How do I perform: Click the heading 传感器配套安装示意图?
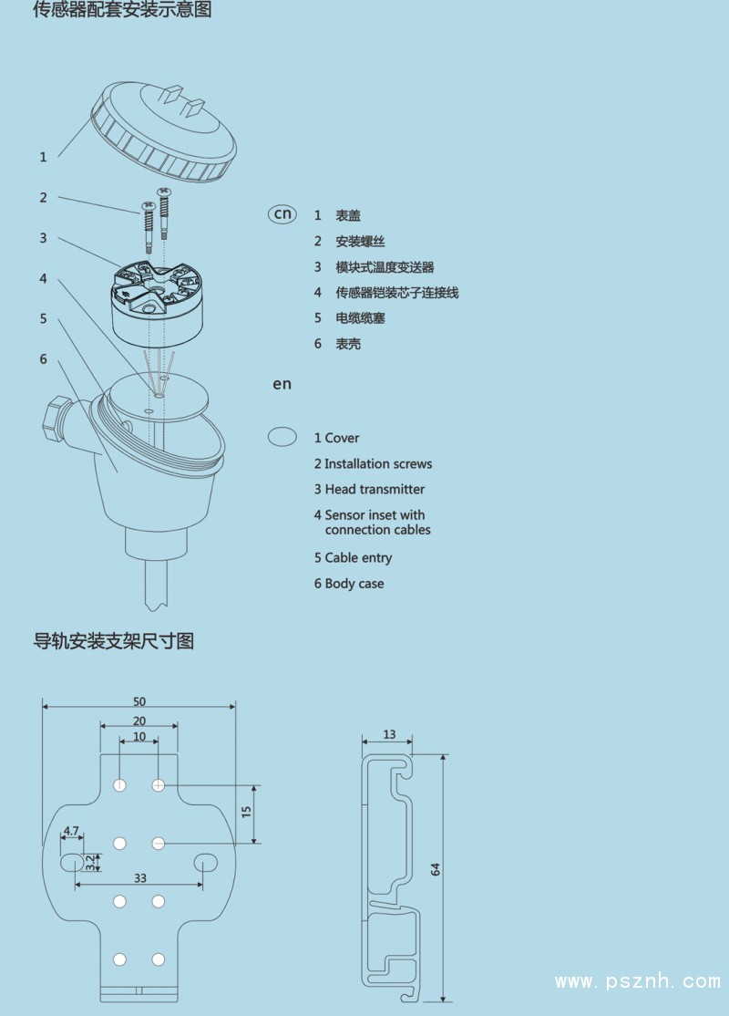[x=123, y=11]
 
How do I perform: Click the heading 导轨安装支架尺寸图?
[x=114, y=641]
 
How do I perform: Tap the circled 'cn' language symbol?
[x=282, y=213]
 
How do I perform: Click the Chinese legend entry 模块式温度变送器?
[x=385, y=267]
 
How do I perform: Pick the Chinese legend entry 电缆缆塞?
[x=360, y=318]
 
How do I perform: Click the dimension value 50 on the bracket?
[x=139, y=701]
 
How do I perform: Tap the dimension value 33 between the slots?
[x=140, y=877]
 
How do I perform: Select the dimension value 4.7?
[x=70, y=831]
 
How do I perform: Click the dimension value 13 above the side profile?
[x=389, y=734]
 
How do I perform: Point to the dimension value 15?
[x=246, y=812]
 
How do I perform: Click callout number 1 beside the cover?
[x=43, y=157]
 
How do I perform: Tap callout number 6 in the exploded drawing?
[x=43, y=359]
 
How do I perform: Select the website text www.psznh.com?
[x=638, y=982]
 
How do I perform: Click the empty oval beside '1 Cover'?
[x=282, y=437]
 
